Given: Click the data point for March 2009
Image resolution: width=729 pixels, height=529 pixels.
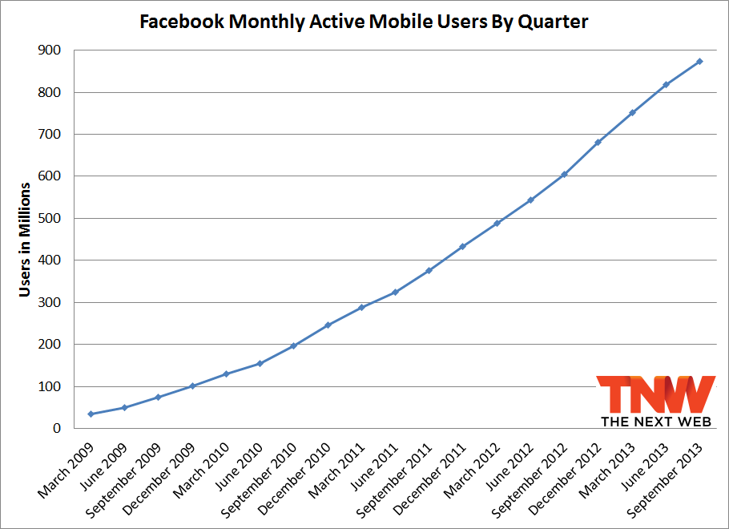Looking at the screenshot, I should (x=91, y=414).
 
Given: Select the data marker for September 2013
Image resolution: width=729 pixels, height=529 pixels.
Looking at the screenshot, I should (x=699, y=61).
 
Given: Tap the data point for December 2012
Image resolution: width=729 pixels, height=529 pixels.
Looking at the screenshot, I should (x=598, y=143).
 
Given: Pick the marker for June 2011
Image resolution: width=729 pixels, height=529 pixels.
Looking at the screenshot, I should (x=395, y=292).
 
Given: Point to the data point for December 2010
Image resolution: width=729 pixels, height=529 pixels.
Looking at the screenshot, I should (x=327, y=325).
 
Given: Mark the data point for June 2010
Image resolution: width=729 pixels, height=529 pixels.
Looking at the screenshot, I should (x=260, y=363).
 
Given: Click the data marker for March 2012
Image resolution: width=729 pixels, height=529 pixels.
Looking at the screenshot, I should (x=497, y=223).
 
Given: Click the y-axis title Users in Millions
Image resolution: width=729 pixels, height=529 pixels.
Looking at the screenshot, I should (x=25, y=240).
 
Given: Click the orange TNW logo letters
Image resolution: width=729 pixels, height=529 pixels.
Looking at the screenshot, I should (x=656, y=394).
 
